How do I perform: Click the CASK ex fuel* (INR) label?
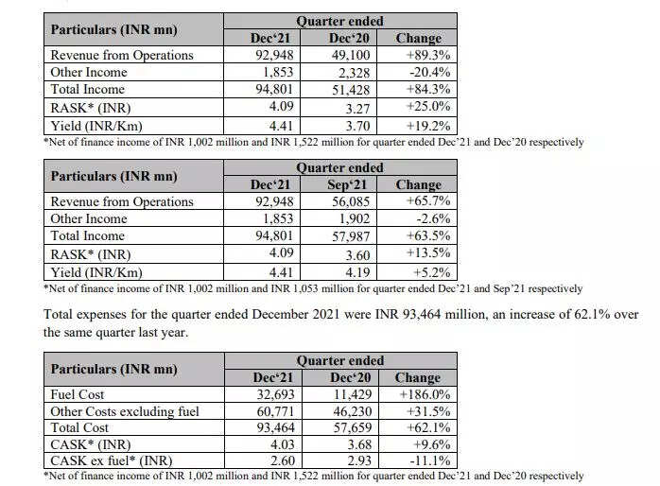click(113, 461)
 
